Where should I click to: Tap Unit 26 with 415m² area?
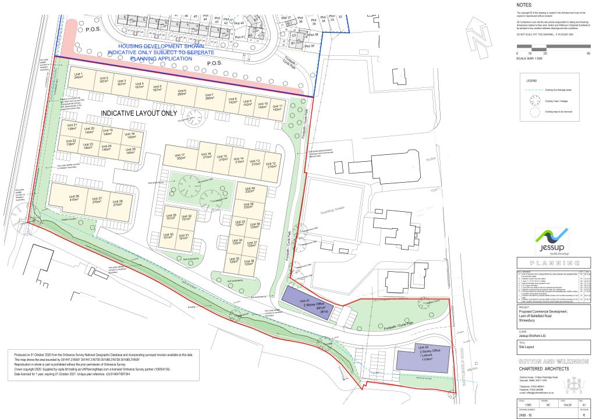tap(73, 199)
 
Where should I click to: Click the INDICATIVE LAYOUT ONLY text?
tap(138, 113)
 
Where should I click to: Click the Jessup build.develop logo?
tap(551, 240)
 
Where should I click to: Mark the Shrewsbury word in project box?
tap(527, 319)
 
